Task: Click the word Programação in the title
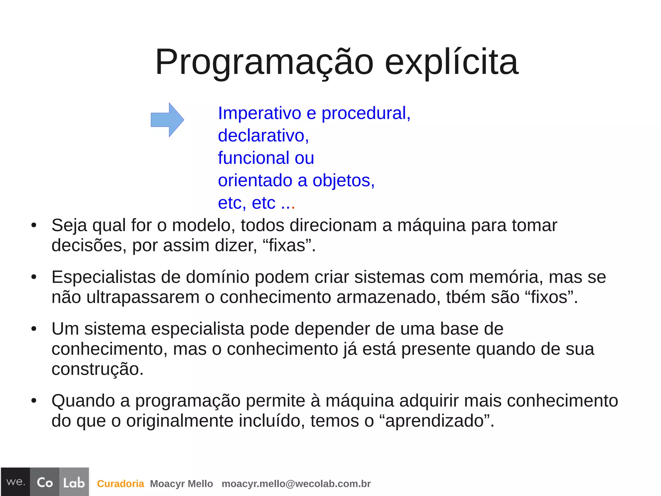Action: (x=264, y=62)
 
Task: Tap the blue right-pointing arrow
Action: (x=167, y=120)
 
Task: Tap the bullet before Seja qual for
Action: (x=34, y=226)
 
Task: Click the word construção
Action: (x=97, y=369)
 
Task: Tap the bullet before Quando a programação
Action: (x=34, y=401)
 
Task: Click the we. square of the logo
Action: (x=15, y=482)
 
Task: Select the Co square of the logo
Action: (x=45, y=482)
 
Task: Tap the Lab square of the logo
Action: (x=74, y=482)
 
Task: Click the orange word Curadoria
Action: (x=120, y=484)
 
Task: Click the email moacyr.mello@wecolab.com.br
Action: (x=296, y=484)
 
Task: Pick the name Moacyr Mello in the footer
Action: (x=181, y=484)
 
